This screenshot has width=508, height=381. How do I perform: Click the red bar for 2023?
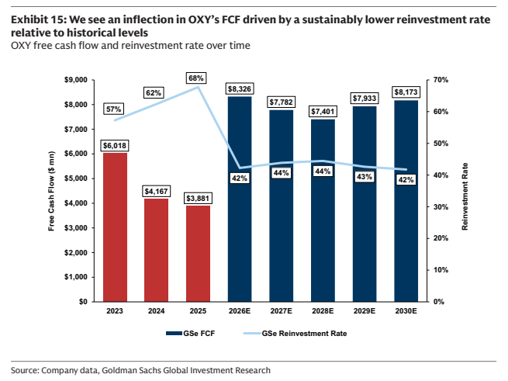coord(115,227)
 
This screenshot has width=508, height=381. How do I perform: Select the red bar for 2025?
coord(198,254)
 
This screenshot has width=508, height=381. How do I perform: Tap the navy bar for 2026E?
coord(240,199)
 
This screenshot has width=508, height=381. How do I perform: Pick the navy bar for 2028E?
coord(323,210)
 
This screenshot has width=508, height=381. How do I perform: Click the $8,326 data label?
coord(240,88)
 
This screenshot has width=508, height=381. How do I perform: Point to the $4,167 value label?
coord(156,192)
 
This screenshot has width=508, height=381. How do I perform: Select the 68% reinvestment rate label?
coord(196,78)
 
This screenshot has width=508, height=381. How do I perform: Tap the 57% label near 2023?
coord(113,109)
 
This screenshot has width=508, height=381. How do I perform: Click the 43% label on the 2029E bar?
coord(365,177)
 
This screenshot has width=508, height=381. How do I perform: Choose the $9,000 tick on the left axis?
coord(76,80)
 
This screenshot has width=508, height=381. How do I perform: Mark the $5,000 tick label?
coord(76,178)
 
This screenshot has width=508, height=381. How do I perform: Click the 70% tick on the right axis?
coord(441,80)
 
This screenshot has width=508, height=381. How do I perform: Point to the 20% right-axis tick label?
coord(441,238)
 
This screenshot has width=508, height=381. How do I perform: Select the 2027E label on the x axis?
coord(282,311)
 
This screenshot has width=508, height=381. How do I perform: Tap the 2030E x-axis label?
coord(406,311)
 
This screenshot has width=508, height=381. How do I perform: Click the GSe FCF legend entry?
coord(191,334)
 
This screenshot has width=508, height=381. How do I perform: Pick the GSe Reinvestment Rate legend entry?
coord(295,334)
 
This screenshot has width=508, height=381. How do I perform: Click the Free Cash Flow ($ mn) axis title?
coord(51,191)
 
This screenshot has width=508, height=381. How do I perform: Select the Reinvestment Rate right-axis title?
coord(465,196)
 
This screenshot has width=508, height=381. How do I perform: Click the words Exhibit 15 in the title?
coord(39,19)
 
